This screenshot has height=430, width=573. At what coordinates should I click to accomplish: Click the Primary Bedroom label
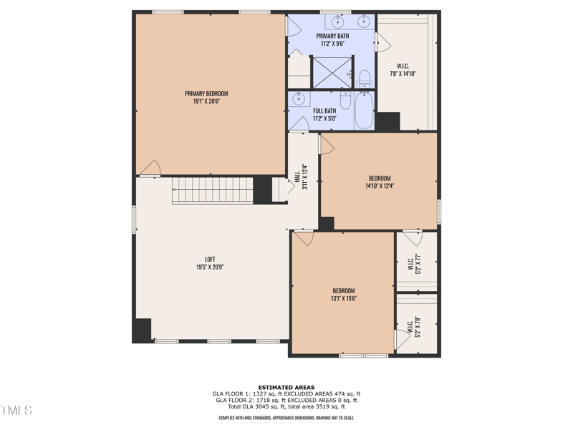point(206,93)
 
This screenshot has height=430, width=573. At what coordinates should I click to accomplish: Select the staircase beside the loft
point(212,191)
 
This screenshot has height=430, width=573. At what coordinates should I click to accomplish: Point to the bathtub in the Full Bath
point(364,112)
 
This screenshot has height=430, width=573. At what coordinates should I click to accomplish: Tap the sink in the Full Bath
point(299,100)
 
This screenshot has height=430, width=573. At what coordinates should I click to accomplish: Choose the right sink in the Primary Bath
point(363,20)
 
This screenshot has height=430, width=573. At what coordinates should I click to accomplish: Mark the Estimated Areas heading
point(286,387)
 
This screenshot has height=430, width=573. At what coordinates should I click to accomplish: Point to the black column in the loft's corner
point(143,329)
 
